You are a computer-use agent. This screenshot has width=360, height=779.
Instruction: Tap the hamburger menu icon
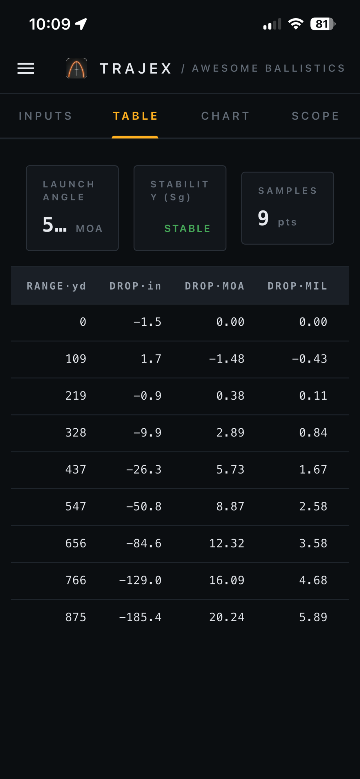click(x=26, y=68)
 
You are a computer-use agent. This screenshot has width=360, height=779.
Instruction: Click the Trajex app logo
click(x=77, y=68)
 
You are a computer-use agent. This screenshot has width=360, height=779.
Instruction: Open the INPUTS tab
click(x=46, y=116)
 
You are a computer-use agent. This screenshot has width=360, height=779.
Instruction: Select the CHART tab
click(x=226, y=116)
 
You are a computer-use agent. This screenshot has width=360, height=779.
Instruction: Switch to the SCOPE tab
click(x=316, y=116)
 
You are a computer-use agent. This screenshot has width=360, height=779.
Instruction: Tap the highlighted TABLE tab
click(x=135, y=116)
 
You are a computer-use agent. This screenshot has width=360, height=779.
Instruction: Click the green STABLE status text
click(x=187, y=228)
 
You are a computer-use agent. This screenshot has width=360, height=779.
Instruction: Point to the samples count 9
click(x=263, y=218)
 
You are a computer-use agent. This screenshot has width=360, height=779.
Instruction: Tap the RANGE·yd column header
click(x=56, y=286)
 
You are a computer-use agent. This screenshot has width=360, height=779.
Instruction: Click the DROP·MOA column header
click(x=214, y=286)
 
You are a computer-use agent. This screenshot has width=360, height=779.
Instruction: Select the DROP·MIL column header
click(x=297, y=286)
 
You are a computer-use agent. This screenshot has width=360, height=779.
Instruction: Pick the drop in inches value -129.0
click(x=140, y=580)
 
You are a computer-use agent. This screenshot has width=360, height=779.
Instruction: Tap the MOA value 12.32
click(x=227, y=543)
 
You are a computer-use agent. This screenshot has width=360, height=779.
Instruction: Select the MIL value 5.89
click(x=313, y=617)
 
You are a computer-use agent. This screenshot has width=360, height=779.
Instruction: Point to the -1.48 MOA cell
click(x=227, y=359)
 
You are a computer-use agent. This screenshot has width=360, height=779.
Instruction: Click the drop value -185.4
click(x=140, y=617)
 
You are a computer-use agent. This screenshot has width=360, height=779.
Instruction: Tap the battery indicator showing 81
click(x=323, y=24)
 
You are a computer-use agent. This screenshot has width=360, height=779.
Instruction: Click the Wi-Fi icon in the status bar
click(x=296, y=24)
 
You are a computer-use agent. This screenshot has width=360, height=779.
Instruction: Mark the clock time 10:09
click(x=50, y=24)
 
